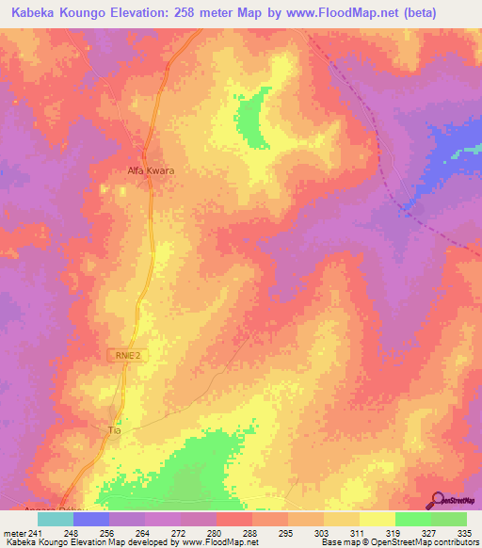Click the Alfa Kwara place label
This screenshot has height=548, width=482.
tap(151, 171)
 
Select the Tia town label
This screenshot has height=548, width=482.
tap(117, 429)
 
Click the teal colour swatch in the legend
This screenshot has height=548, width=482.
tap(55, 519)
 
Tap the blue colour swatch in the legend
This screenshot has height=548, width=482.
tap(91, 519)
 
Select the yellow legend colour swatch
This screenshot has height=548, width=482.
tap(377, 519)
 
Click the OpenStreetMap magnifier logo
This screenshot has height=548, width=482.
tap(436, 501)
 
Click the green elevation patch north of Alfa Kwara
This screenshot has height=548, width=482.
tap(250, 120)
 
